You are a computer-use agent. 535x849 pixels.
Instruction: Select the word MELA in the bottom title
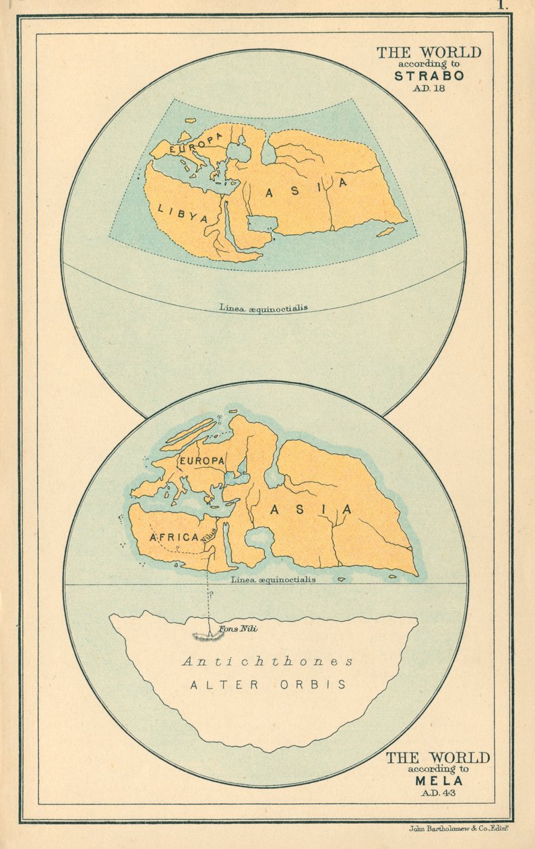coord(439,781)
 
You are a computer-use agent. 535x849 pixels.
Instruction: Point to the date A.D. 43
coord(439,792)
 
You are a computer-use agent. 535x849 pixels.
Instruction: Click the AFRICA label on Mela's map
coord(174,537)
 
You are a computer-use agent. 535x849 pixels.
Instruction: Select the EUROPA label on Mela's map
coord(201,460)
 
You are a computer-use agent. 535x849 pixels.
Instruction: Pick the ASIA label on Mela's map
coord(311,509)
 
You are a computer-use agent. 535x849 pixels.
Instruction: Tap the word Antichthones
coord(267,662)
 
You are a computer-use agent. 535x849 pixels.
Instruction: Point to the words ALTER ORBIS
coord(268,685)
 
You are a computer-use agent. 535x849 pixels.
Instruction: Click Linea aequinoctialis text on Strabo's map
coord(263,308)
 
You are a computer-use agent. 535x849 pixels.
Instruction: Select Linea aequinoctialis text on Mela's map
coord(272,579)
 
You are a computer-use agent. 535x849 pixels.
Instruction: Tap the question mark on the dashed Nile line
coord(211,594)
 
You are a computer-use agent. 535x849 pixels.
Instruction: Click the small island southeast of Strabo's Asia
coord(385,232)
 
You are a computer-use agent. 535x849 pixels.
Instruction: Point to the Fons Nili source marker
coord(210,634)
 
